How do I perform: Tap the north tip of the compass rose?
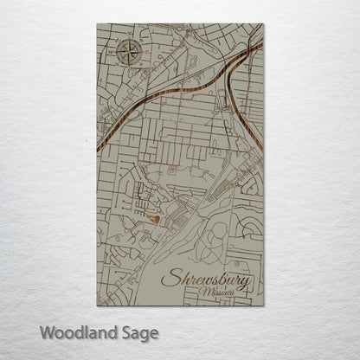tap(127, 39)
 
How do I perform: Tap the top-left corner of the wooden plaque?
tap(97, 24)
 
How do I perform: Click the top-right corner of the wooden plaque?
tap(263, 24)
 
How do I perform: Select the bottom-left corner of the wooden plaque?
tap(97, 305)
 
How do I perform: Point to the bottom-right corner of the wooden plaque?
tap(263, 305)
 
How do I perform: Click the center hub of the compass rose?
tap(127, 52)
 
